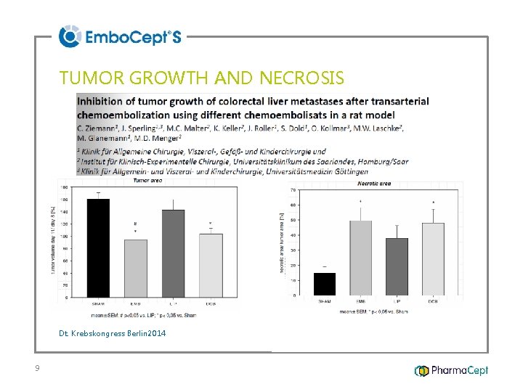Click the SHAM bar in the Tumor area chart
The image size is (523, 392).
(98, 247)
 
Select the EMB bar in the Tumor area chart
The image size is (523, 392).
(135, 268)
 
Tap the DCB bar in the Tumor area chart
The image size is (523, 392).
(211, 265)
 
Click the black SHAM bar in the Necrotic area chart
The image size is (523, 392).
(324, 284)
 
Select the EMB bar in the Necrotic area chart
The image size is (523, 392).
(361, 258)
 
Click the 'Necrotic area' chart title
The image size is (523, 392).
(375, 184)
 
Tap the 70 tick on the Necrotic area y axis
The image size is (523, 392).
(293, 190)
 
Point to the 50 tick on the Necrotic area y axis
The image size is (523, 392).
(293, 220)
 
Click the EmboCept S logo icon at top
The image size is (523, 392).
(69, 36)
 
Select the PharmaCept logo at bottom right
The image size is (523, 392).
(451, 370)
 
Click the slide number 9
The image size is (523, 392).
(37, 369)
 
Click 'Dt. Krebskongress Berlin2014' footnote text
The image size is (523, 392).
(113, 333)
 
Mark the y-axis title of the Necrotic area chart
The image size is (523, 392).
(282, 242)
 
